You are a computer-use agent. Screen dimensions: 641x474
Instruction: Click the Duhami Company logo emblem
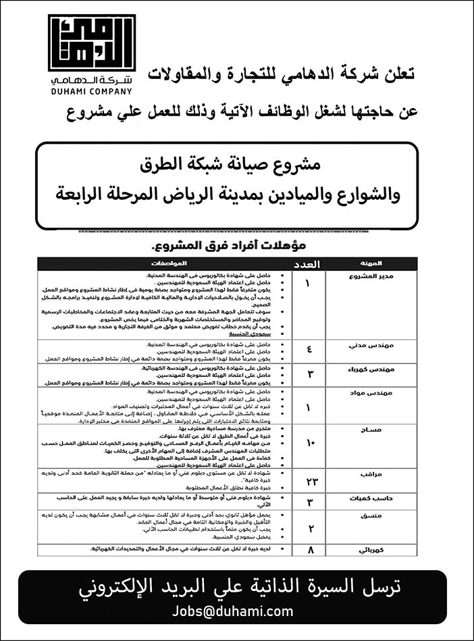click(x=92, y=45)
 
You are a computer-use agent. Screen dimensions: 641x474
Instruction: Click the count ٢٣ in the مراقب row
click(x=309, y=481)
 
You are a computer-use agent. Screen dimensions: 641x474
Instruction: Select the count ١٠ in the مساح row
click(x=309, y=443)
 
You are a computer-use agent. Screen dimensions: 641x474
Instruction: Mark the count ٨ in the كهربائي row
click(x=309, y=550)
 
